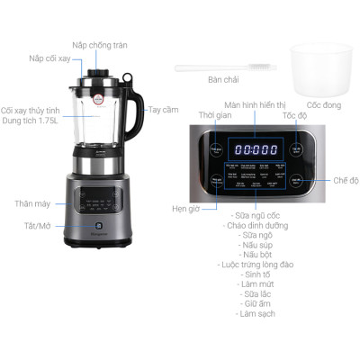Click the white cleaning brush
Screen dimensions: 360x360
coord(220,66)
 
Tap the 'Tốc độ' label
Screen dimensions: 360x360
coord(295,116)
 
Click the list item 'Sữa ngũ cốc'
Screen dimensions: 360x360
coord(257,216)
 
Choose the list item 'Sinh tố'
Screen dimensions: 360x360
coord(257,274)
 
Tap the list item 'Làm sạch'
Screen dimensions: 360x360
coord(257,313)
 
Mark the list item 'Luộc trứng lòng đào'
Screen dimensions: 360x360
coord(257,265)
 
